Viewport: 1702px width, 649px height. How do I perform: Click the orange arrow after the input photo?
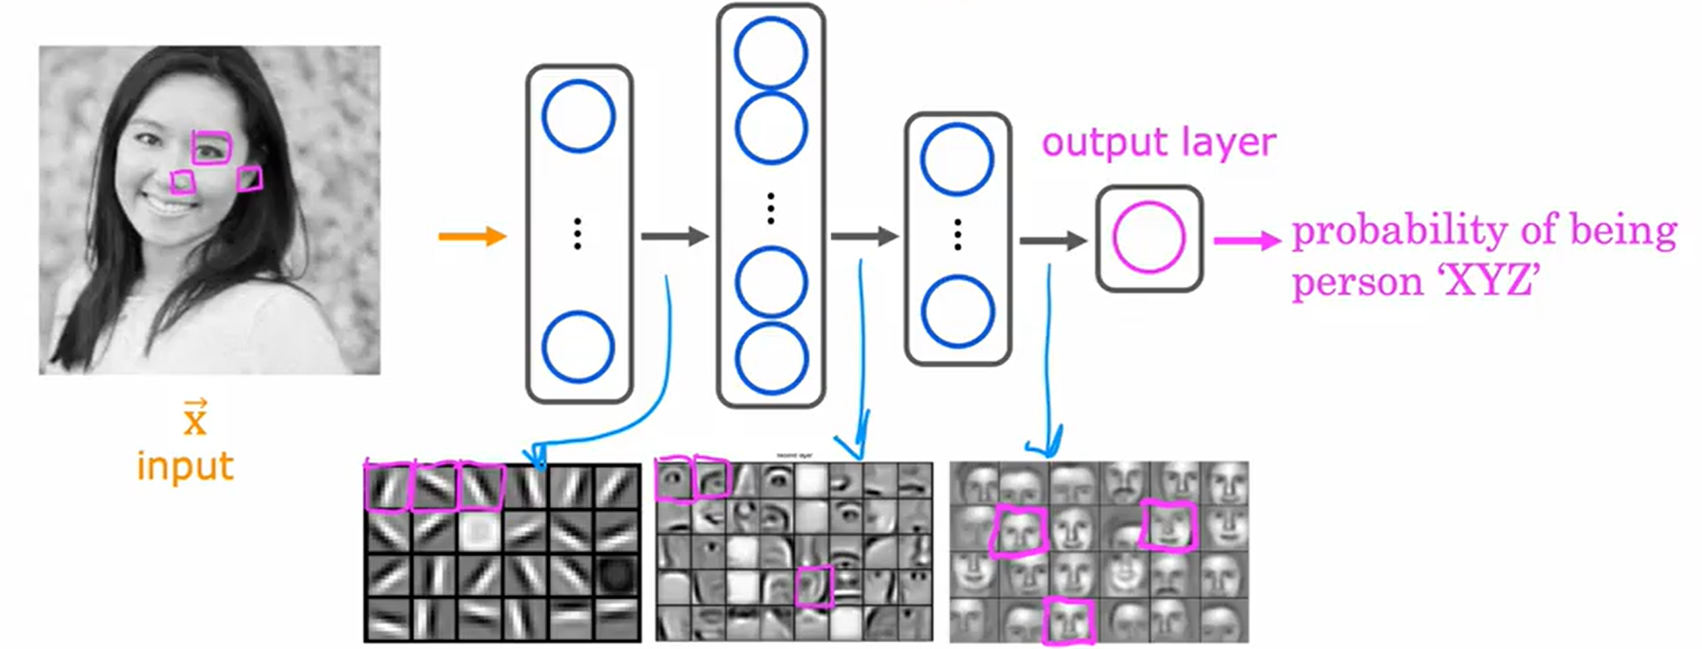(x=472, y=236)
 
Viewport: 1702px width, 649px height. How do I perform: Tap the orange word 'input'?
(x=185, y=466)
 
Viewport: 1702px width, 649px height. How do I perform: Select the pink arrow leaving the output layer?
(x=1247, y=240)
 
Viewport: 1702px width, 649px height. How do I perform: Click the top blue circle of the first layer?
(x=579, y=116)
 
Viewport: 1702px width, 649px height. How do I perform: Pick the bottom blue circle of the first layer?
(x=579, y=347)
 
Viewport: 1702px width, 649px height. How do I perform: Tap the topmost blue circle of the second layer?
(x=771, y=53)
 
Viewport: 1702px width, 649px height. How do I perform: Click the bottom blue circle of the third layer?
(x=958, y=311)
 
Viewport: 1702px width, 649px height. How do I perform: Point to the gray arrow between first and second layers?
(x=674, y=236)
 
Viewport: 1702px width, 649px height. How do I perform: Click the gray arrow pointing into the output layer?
(x=1053, y=240)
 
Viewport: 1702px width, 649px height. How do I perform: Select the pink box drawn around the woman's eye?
(x=212, y=148)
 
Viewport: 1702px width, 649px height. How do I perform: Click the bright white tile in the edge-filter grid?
(x=480, y=531)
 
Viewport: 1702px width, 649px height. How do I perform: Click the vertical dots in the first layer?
(x=577, y=234)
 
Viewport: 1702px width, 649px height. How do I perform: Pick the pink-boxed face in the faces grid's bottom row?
(x=1068, y=620)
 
